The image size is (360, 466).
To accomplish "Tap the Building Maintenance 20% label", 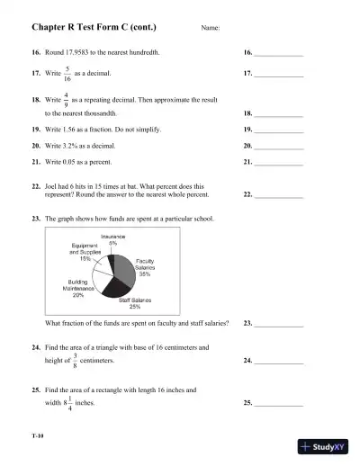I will [x=78, y=288].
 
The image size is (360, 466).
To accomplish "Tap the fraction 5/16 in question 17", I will [x=67, y=75].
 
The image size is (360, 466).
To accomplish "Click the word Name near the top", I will [x=210, y=30].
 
